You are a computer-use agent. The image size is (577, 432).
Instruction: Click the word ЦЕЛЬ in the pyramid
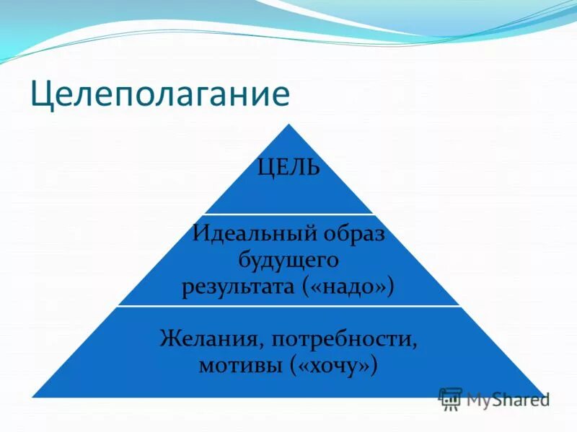(288, 169)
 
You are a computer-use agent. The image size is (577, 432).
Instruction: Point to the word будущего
(288, 260)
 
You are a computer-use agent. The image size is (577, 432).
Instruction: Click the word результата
(242, 287)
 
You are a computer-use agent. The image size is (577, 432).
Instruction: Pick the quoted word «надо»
(352, 287)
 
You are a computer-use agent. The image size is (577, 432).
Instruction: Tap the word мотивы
(240, 365)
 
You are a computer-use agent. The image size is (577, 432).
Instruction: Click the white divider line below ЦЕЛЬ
(288, 214)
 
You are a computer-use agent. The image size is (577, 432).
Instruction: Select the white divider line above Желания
(288, 306)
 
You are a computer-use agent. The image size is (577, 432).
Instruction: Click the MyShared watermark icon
(450, 398)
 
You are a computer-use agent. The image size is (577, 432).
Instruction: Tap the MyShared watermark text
(508, 399)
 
